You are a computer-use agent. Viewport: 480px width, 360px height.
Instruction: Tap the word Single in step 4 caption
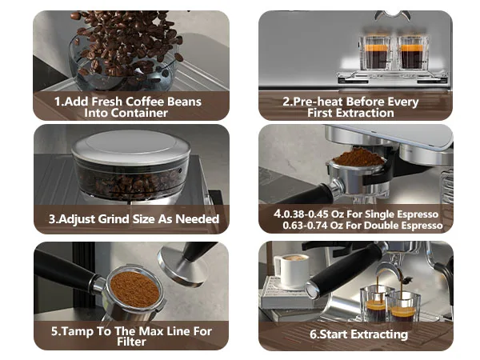click(x=366, y=214)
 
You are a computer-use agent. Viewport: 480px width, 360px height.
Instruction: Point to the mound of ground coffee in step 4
click(x=358, y=155)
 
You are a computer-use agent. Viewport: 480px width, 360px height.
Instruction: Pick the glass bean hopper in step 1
click(x=128, y=60)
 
